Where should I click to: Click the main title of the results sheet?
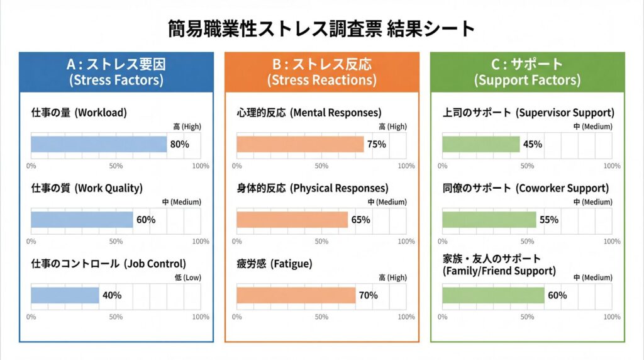coord(321,28)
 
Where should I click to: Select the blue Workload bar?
coord(99,144)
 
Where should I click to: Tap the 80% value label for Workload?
coord(179,144)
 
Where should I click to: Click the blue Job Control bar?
coord(65,295)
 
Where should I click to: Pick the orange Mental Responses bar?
coord(300,144)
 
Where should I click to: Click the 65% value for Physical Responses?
coord(360,220)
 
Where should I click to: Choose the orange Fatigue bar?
coord(296,295)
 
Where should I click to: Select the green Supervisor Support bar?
coord(481,144)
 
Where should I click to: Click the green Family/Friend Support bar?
coord(493,295)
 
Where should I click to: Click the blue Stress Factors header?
coord(116,72)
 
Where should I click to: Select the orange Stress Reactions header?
coord(321,72)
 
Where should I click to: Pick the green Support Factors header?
coord(527,72)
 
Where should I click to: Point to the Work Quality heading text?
coord(87,188)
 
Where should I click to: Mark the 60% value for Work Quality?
coord(146,220)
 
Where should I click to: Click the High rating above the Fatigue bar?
coord(392,278)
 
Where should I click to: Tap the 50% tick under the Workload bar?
coord(116,166)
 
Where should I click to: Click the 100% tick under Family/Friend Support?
coord(611,317)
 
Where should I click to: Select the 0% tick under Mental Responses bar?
coord(237,166)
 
